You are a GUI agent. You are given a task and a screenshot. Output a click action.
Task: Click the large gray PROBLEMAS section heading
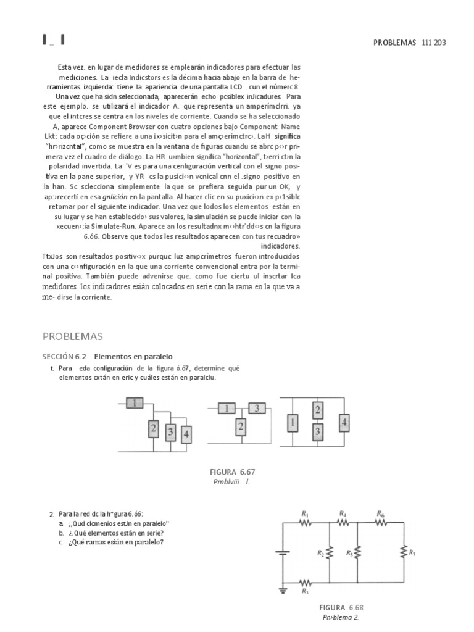(x=72, y=336)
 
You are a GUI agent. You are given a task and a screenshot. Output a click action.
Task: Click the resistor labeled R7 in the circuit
(x=404, y=553)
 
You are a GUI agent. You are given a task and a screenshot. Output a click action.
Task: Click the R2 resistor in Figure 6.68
(x=329, y=553)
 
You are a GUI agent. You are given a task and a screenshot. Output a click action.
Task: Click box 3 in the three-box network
(x=256, y=408)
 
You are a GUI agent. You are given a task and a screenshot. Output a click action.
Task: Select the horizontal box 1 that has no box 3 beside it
(x=135, y=403)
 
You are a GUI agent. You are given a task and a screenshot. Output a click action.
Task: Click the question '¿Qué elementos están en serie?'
(x=115, y=533)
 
